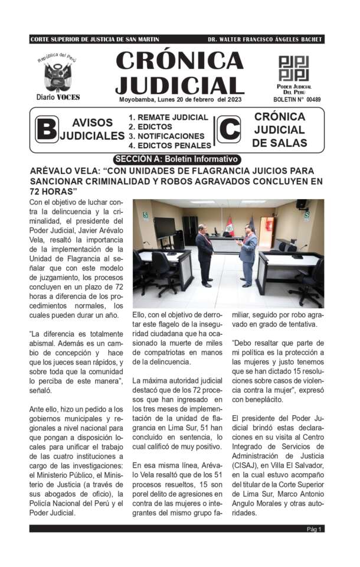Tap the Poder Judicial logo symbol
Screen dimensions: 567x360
[x=293, y=69]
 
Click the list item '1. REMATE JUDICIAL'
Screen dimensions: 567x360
[x=168, y=118]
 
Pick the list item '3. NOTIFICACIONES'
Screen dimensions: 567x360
[x=168, y=136]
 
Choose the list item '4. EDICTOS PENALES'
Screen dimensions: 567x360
[x=170, y=145]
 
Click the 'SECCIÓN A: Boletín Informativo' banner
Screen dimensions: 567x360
[x=177, y=159]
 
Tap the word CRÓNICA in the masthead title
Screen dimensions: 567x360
[x=179, y=61]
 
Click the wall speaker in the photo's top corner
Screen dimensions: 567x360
[x=302, y=205]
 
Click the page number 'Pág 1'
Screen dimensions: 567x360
[x=314, y=546]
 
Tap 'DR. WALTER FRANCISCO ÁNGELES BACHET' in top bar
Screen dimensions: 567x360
[x=265, y=39]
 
